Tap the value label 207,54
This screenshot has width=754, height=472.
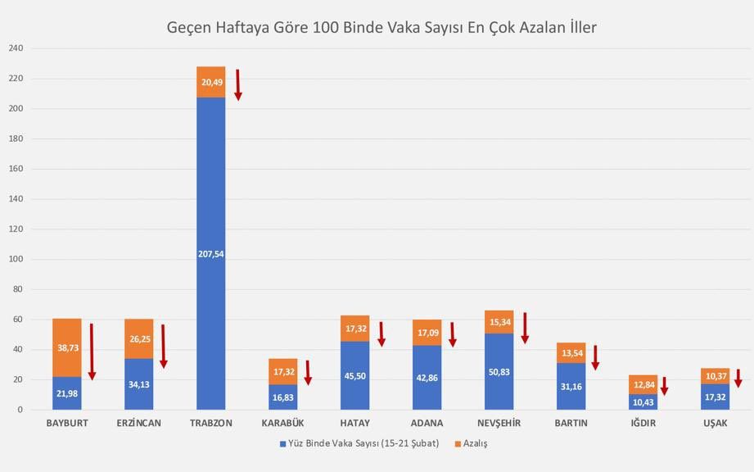(x=210, y=254)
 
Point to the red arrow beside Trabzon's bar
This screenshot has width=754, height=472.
(x=238, y=84)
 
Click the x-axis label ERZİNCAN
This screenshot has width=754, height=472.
(x=138, y=423)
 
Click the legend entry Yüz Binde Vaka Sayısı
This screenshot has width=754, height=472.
(x=358, y=443)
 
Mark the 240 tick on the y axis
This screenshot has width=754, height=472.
(x=16, y=49)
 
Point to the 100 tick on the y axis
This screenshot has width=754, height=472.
(x=16, y=260)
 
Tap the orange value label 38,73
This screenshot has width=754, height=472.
(x=67, y=347)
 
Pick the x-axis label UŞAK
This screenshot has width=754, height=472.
(x=715, y=423)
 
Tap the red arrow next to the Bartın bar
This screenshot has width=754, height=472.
(x=595, y=357)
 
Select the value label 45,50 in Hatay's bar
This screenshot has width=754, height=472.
(x=354, y=377)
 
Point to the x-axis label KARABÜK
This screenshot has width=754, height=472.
(x=282, y=423)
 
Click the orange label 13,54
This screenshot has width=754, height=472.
(x=571, y=353)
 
